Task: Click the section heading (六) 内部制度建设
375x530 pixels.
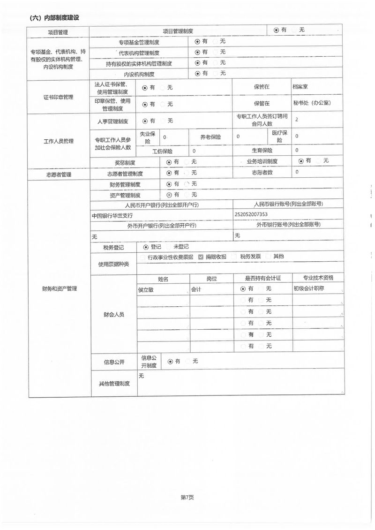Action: (x=54, y=18)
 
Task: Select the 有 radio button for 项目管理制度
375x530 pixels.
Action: (x=277, y=30)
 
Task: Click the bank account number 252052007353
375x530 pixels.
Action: (x=251, y=214)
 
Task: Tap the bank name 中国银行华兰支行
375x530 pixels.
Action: (x=112, y=215)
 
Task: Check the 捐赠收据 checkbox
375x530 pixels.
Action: (x=201, y=257)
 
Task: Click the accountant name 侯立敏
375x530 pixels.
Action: (x=146, y=289)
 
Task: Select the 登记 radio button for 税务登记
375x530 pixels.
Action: (x=146, y=247)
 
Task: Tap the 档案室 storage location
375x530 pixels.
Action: (x=300, y=87)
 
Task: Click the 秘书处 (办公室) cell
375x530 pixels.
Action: (x=311, y=103)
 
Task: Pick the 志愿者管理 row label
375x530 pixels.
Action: (x=59, y=174)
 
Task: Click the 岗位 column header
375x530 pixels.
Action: (x=211, y=279)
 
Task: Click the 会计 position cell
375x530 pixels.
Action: (x=196, y=289)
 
